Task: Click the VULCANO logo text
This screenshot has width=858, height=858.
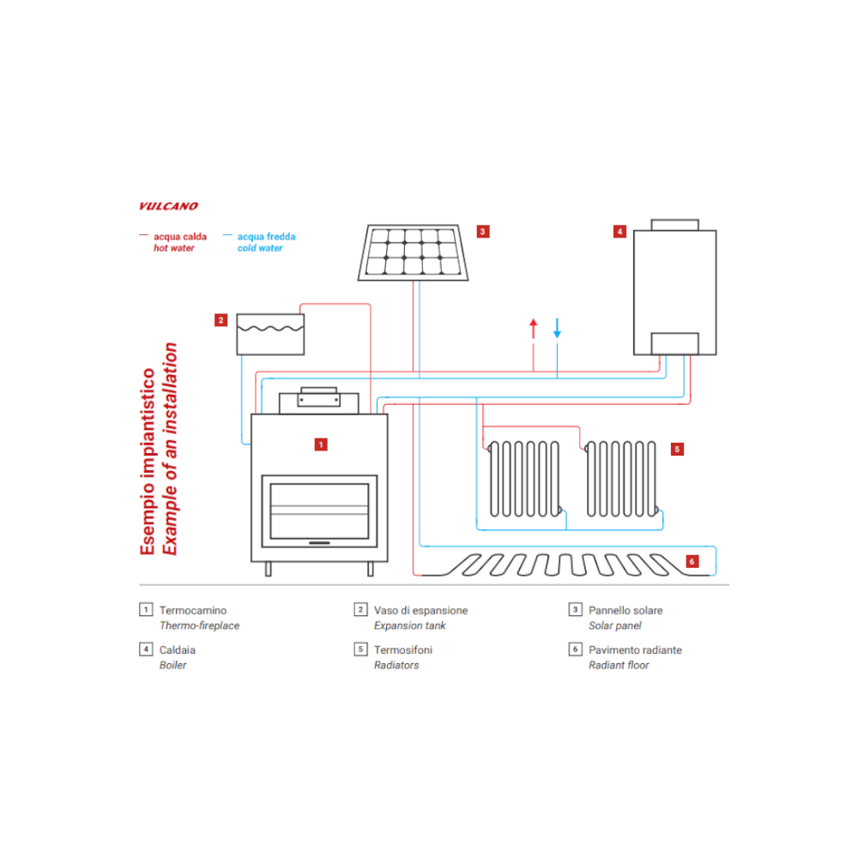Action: click(168, 206)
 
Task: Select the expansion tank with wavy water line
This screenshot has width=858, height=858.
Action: click(270, 334)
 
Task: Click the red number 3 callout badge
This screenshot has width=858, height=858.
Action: click(483, 231)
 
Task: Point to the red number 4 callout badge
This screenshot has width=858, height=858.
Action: click(619, 231)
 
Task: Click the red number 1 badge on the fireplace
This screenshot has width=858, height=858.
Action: click(320, 444)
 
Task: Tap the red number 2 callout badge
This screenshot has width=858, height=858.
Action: click(221, 320)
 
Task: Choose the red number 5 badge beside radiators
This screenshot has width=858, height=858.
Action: click(677, 449)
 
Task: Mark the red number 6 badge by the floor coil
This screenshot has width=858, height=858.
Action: click(692, 562)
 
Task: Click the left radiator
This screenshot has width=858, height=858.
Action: click(524, 479)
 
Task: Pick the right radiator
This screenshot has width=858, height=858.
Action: click(621, 479)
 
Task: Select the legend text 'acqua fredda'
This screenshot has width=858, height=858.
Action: click(266, 236)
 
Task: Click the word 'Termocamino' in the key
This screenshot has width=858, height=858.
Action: click(193, 611)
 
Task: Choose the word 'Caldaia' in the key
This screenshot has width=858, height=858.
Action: click(178, 650)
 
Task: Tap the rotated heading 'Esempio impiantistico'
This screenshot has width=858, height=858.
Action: click(148, 461)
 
